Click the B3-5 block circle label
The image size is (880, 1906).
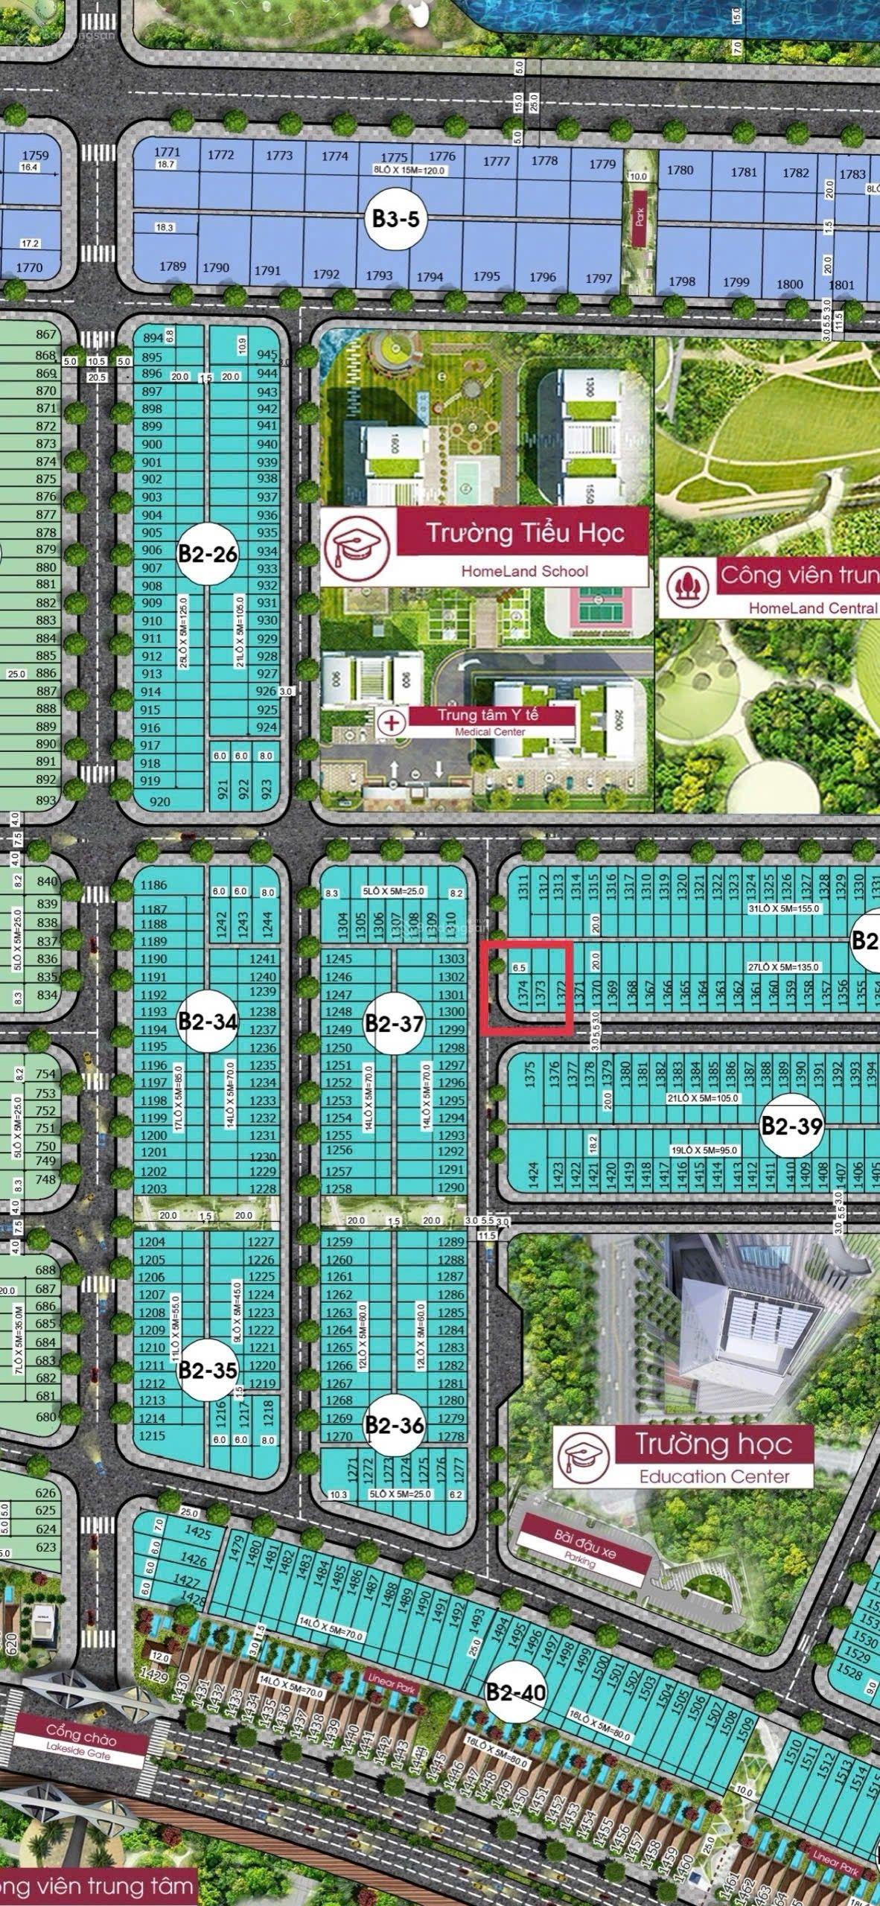click(396, 219)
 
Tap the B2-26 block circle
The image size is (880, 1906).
click(207, 555)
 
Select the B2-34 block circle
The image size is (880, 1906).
click(207, 1021)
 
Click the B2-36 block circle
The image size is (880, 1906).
click(394, 1425)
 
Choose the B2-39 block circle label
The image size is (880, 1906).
click(791, 1126)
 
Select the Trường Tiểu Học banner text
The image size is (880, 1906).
click(524, 532)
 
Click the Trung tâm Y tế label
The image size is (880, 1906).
click(487, 715)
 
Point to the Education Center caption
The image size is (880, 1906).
click(714, 1476)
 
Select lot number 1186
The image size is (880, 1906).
click(153, 885)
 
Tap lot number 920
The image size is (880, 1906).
click(159, 801)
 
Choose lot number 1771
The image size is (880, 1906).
click(167, 152)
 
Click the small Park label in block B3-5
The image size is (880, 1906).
click(640, 217)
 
